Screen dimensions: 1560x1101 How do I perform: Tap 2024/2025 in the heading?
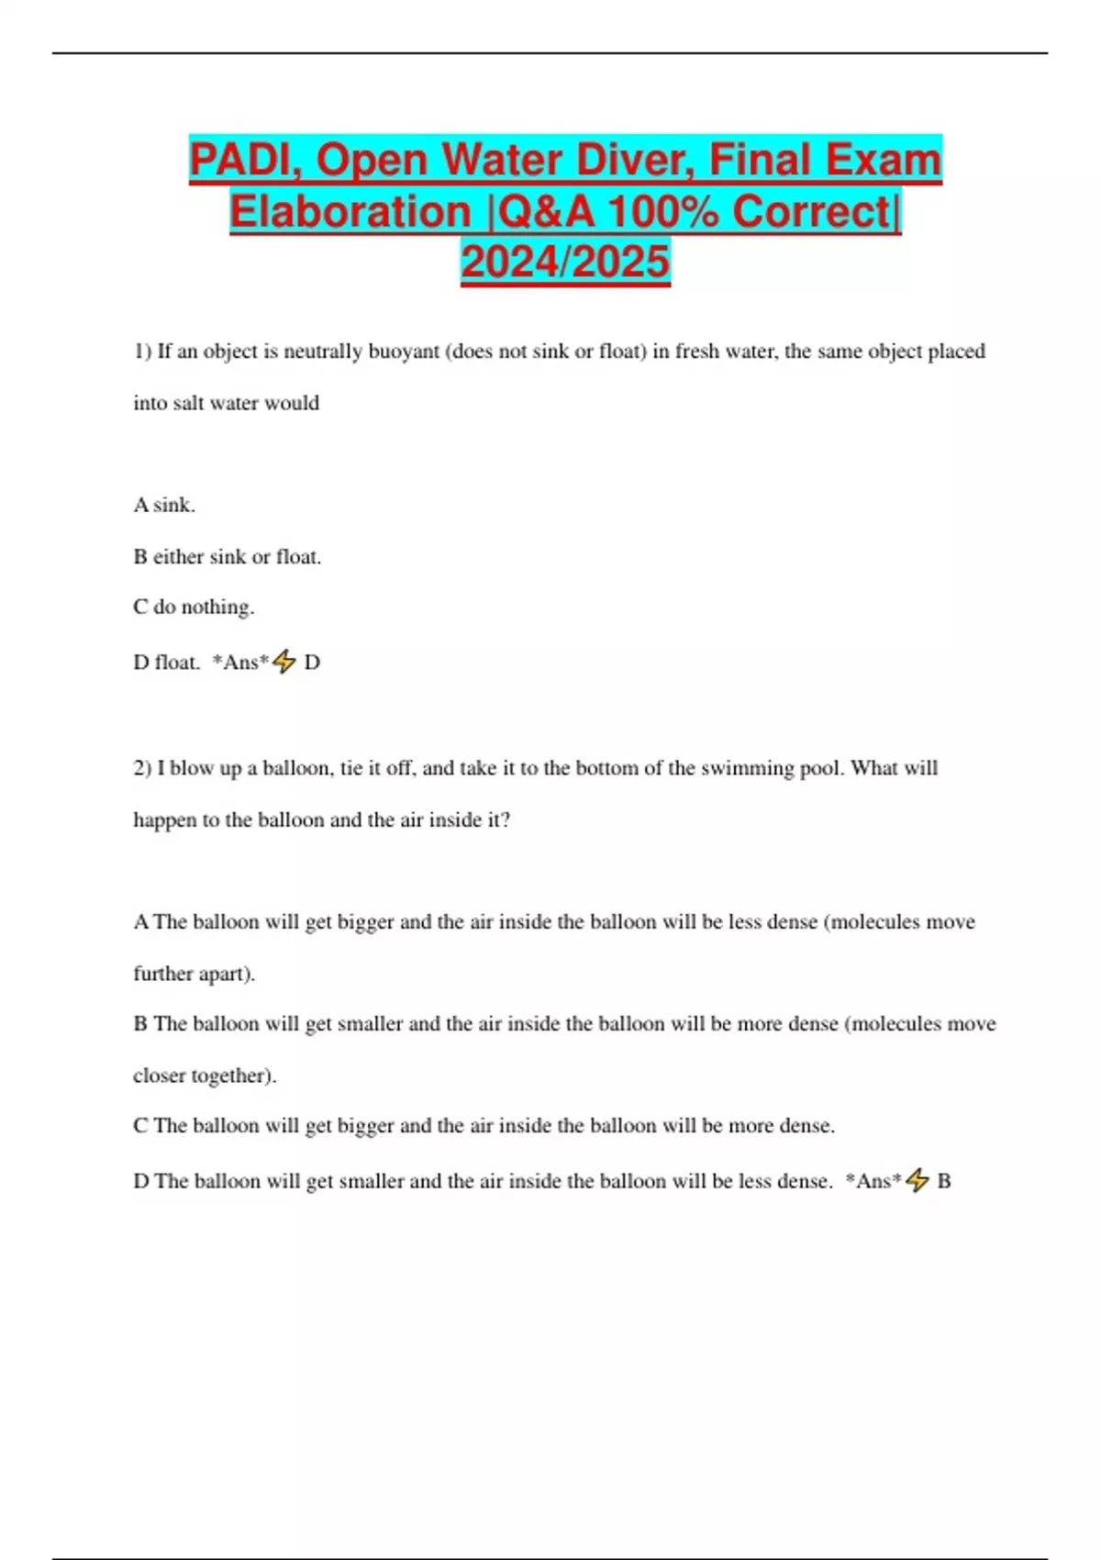point(565,262)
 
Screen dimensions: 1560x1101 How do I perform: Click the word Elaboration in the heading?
point(350,211)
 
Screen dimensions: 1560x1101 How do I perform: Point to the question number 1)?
point(142,351)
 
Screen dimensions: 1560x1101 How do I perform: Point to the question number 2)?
point(142,768)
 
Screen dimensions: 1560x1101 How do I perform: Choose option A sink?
point(164,505)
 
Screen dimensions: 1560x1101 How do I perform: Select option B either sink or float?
point(228,556)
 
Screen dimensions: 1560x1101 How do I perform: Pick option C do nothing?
point(194,607)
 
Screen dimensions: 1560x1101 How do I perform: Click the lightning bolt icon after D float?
point(284,662)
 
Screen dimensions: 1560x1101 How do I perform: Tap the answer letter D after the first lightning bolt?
point(312,663)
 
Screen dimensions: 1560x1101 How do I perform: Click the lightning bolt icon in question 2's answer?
point(917,1180)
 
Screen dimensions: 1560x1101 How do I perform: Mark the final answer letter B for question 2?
point(944,1181)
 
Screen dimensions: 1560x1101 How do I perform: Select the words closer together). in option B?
point(205,1075)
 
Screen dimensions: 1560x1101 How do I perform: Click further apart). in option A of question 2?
point(195,974)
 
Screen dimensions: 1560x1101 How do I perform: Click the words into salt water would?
point(227,403)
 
